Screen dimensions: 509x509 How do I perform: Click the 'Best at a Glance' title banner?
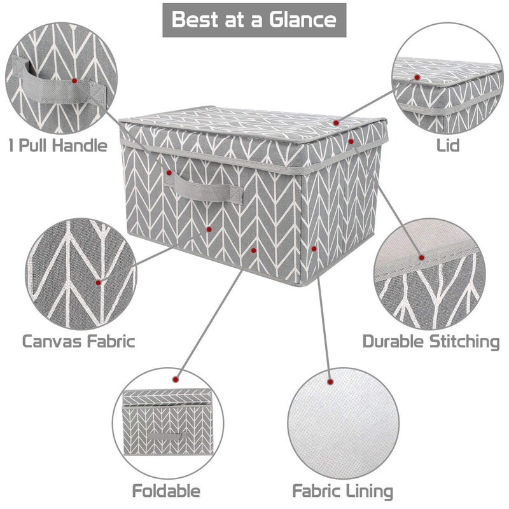tap(254, 20)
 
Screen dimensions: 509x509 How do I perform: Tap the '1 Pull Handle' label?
tap(58, 145)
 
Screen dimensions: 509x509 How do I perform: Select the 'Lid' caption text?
tap(448, 145)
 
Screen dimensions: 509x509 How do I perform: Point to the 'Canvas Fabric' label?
tap(78, 342)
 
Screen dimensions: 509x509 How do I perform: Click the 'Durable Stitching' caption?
tap(431, 342)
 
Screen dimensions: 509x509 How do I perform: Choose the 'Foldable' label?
tap(166, 491)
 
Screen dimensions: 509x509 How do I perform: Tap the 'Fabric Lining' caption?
tap(342, 491)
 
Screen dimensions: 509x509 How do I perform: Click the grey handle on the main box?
tap(204, 189)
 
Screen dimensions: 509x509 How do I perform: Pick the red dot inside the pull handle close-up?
tap(74, 81)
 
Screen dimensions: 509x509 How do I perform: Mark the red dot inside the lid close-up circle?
tap(417, 77)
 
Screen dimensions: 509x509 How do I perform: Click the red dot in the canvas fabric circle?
tap(98, 282)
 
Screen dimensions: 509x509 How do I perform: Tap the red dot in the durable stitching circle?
tap(421, 258)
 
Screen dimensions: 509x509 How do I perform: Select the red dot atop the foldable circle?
tap(176, 379)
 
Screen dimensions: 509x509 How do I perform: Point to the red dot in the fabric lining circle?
tap(330, 382)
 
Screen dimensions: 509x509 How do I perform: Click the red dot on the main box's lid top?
tap(336, 123)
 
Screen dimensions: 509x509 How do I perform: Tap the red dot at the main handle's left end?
tap(169, 172)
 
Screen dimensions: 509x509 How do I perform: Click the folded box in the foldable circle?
tap(167, 422)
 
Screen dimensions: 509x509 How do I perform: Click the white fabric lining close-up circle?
tap(343, 423)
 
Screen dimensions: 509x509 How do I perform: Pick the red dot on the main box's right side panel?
tap(314, 249)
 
